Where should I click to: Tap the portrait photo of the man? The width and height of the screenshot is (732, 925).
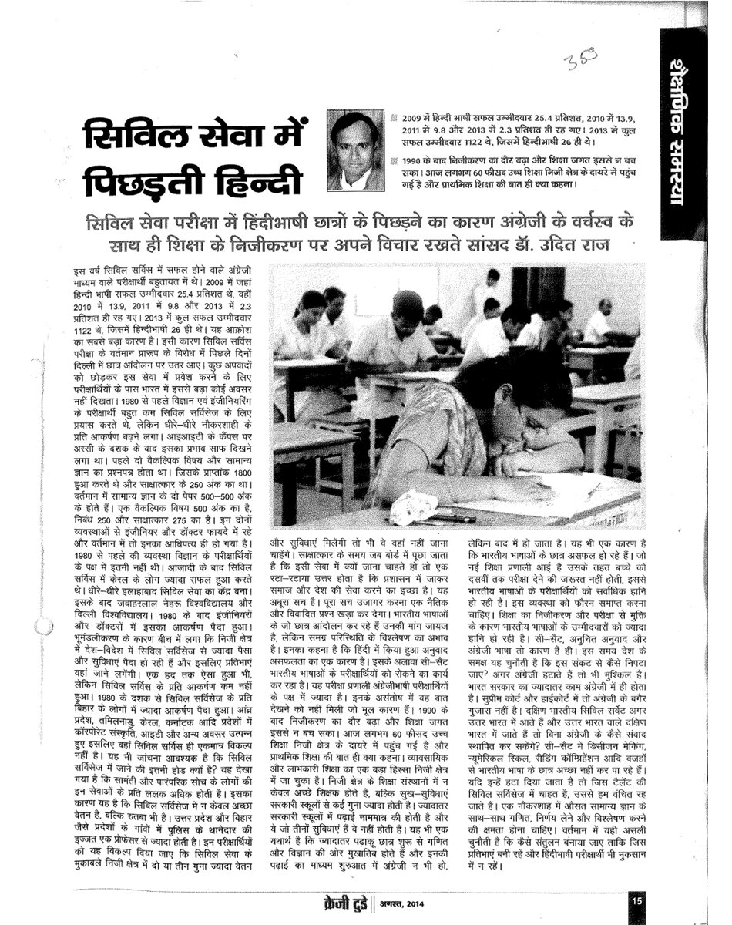click(x=356, y=150)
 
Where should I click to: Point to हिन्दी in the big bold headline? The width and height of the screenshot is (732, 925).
click(x=255, y=181)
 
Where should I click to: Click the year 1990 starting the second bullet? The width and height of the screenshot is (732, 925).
click(x=418, y=160)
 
